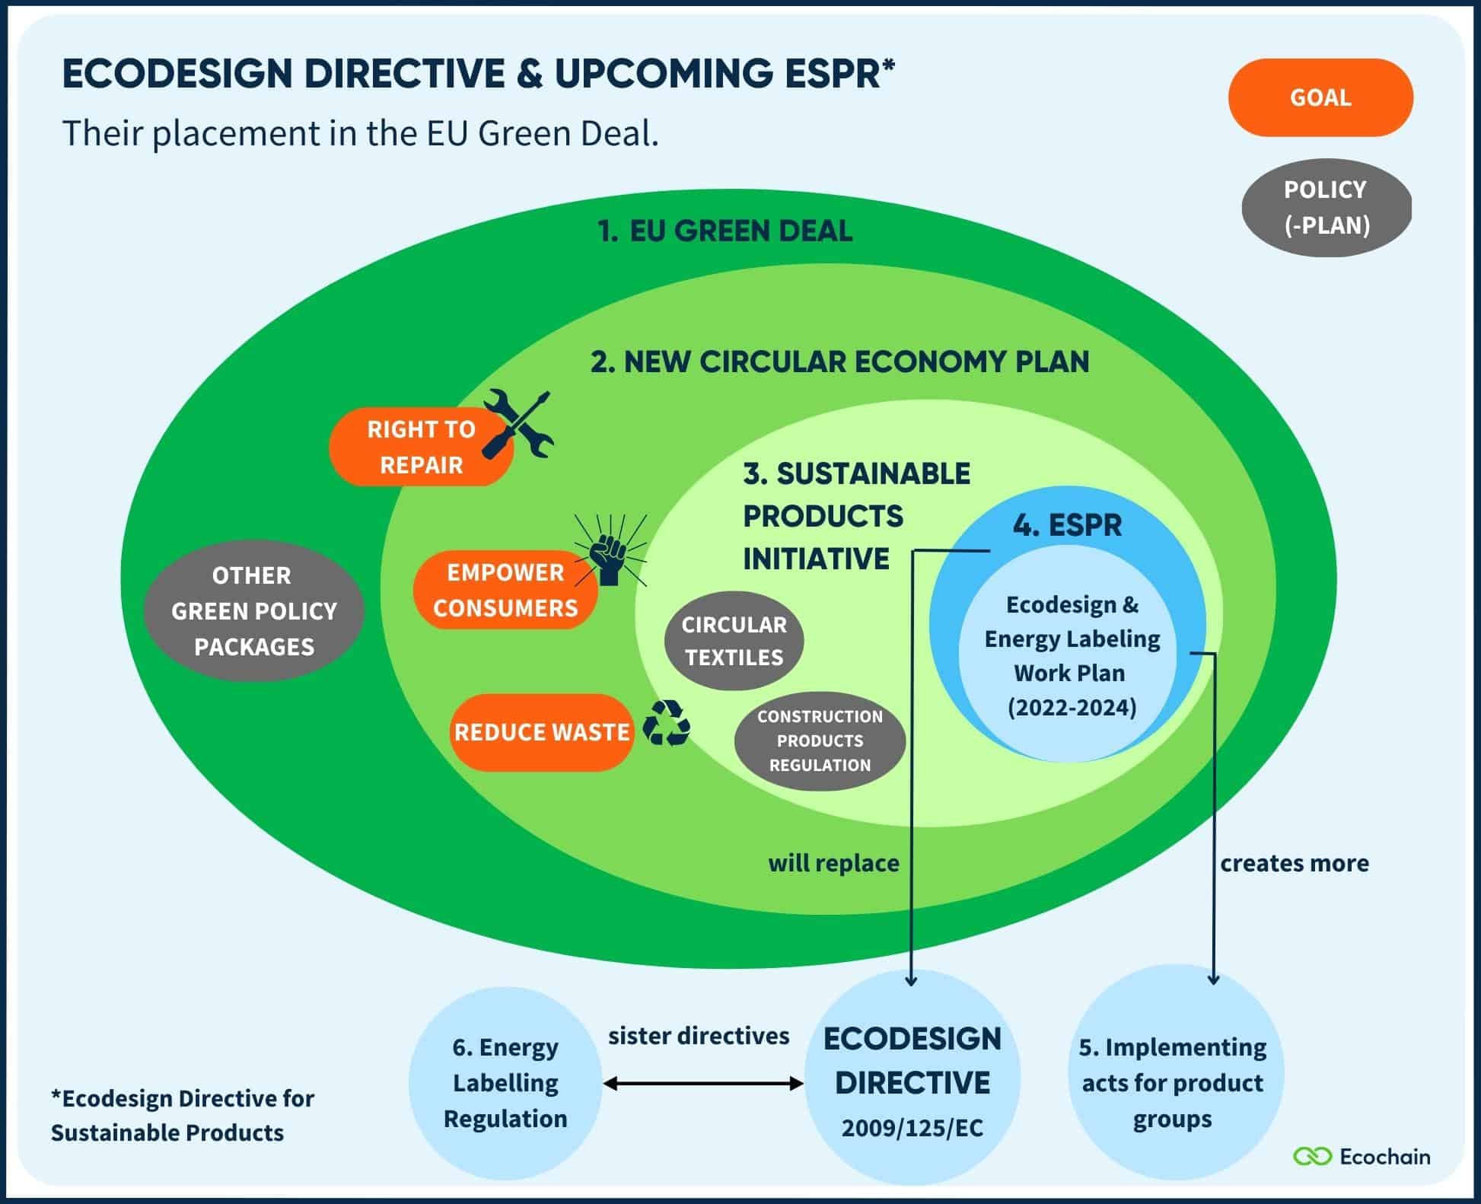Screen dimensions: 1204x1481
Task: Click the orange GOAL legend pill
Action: [x=1320, y=97]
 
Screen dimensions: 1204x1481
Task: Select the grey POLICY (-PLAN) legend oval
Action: [x=1327, y=207]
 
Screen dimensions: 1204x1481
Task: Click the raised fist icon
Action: [x=610, y=554]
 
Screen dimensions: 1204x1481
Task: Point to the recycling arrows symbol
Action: [x=666, y=723]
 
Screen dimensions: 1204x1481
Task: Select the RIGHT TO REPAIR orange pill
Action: [x=421, y=448]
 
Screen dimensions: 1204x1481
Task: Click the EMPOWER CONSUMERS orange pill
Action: [x=505, y=590]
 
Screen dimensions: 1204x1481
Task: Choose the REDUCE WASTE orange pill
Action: [x=541, y=732]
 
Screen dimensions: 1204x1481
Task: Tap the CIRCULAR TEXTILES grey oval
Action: [x=734, y=641]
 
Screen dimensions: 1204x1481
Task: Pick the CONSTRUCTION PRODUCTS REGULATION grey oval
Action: [x=820, y=741]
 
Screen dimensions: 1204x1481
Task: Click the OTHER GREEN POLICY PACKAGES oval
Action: [x=253, y=610]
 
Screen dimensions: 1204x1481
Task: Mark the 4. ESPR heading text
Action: [x=1067, y=525]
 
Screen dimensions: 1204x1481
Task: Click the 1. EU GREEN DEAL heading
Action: [x=725, y=231]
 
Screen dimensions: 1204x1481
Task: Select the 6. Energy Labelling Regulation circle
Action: [x=505, y=1082]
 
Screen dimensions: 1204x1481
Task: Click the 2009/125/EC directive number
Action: [x=912, y=1128]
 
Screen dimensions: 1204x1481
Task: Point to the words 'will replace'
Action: [x=833, y=863]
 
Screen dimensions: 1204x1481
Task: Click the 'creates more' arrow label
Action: [x=1294, y=863]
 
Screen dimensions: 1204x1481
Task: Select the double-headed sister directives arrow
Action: [x=702, y=1083]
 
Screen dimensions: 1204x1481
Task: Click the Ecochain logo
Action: [x=1362, y=1157]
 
